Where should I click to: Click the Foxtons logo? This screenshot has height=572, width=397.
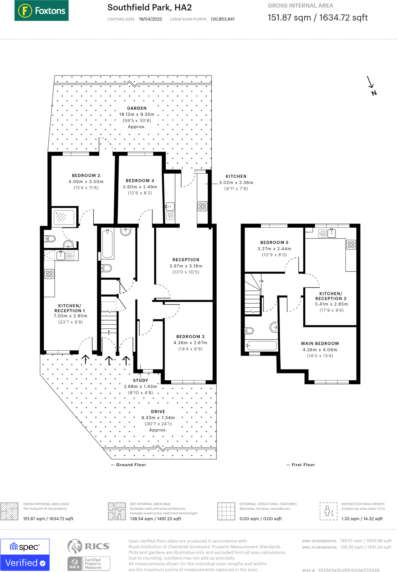click(41, 11)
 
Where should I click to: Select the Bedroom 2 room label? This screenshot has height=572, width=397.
click(86, 175)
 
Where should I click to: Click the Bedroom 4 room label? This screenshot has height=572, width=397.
click(140, 181)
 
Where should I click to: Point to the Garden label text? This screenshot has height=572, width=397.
click(137, 108)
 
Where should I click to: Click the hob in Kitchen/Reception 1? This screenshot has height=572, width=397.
click(49, 274)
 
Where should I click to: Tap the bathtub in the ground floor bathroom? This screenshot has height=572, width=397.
click(108, 244)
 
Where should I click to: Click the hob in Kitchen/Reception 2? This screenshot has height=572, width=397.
click(351, 245)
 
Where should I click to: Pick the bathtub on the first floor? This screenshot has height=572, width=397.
click(262, 345)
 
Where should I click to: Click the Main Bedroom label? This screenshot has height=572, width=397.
click(320, 344)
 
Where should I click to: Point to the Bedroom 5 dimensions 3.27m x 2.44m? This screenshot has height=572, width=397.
click(274, 249)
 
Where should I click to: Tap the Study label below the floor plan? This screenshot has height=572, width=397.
click(141, 380)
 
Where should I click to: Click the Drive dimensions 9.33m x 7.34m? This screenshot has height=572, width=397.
click(158, 418)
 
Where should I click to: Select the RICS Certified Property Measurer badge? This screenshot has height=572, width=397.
click(89, 554)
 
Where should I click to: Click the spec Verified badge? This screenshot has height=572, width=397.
click(25, 555)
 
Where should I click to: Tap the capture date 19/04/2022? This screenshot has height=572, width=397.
click(150, 19)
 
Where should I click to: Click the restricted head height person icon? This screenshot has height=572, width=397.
click(329, 511)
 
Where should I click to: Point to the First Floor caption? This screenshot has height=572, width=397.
click(303, 465)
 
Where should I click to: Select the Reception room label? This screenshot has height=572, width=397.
click(186, 260)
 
